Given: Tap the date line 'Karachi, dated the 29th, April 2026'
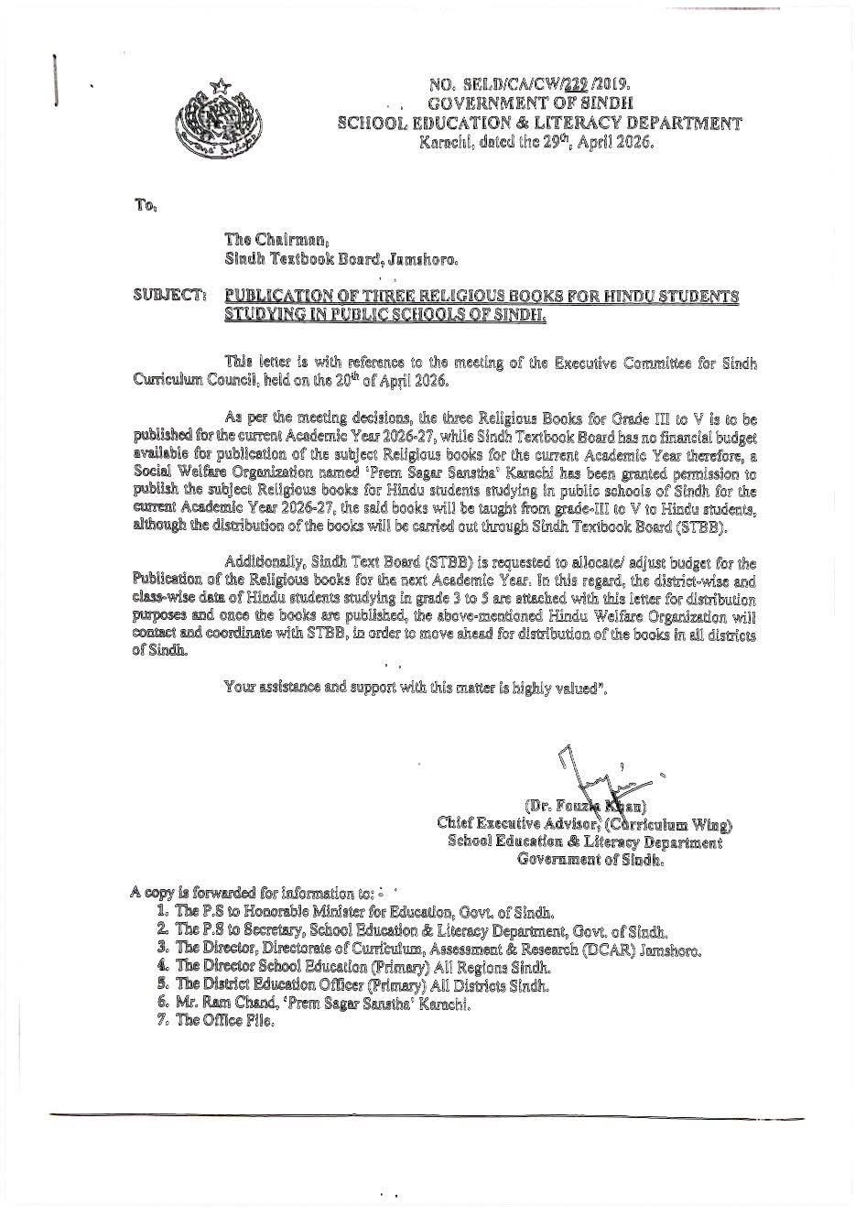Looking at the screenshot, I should click(x=537, y=143).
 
